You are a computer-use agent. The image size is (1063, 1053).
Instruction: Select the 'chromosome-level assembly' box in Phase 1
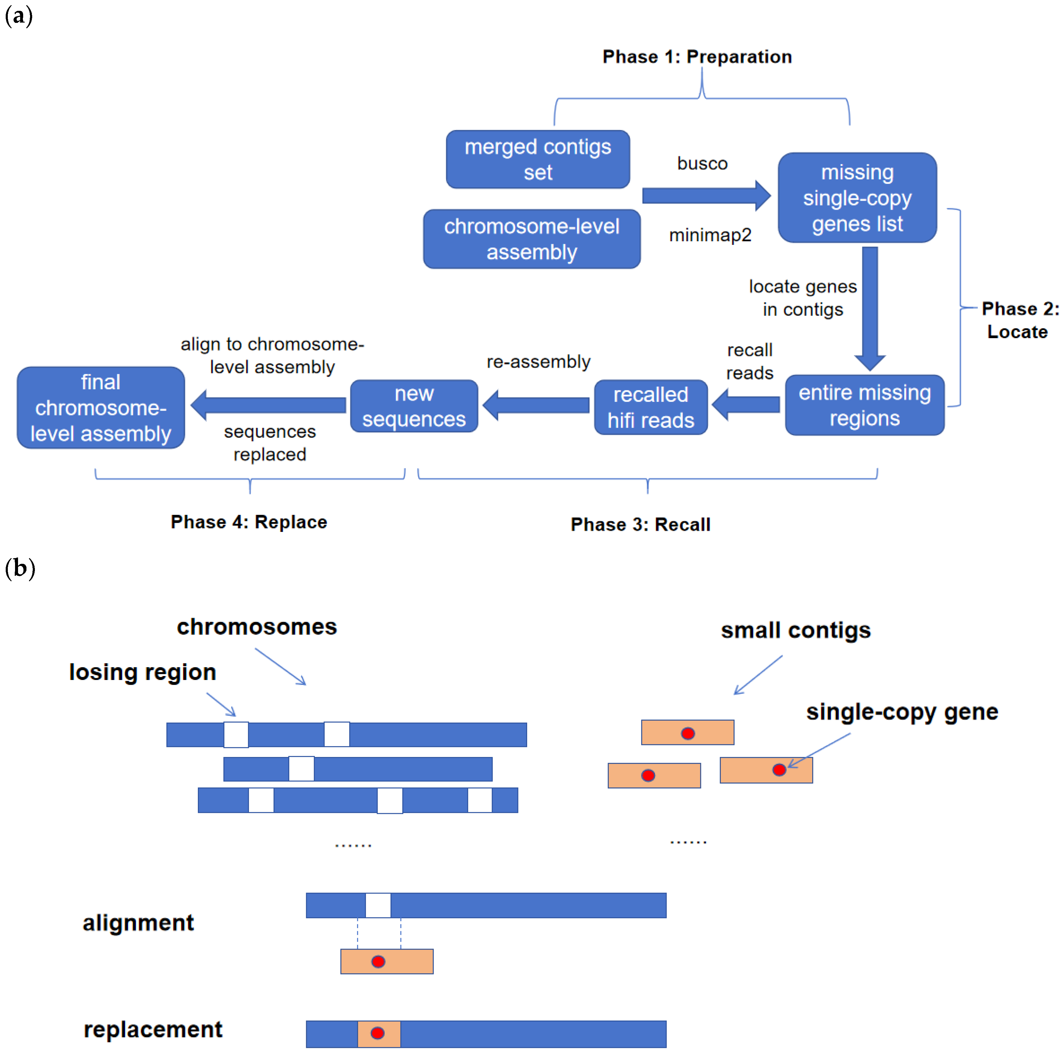tap(532, 239)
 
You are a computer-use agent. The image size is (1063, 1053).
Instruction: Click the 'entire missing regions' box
tap(864, 405)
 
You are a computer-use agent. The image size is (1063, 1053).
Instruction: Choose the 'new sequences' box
tap(414, 406)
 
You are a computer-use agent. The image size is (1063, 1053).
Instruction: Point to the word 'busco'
tap(702, 163)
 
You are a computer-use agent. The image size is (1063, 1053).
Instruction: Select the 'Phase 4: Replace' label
tap(249, 522)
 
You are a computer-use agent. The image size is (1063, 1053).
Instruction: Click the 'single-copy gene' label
tap(902, 712)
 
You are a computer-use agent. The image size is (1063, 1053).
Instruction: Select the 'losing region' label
tap(143, 672)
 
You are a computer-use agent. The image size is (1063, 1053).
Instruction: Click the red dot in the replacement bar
tap(377, 1033)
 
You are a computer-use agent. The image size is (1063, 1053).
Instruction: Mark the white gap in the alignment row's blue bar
tap(378, 906)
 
